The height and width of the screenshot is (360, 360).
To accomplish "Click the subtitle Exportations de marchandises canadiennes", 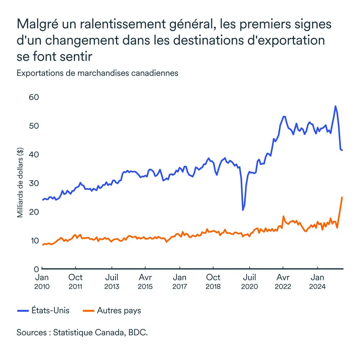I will point(97,73).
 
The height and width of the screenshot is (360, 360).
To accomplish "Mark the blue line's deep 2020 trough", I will point(243,210).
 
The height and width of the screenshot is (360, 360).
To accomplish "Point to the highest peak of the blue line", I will point(335,106).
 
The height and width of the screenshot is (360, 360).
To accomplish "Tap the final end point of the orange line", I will point(342,197).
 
